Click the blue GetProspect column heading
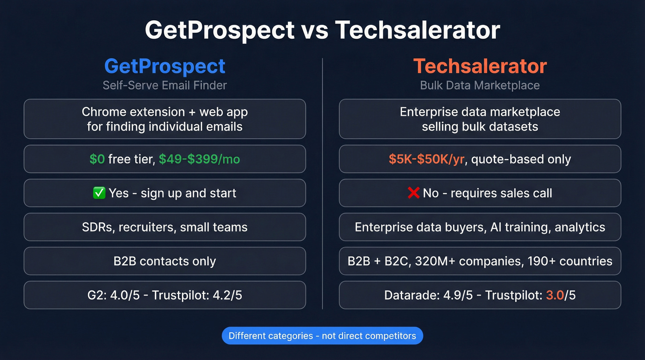(164, 66)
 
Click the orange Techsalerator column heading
(480, 66)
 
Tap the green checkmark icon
(99, 193)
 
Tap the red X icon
(413, 193)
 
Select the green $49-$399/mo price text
(199, 159)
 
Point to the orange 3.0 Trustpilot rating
(555, 295)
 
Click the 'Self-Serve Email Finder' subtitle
(164, 85)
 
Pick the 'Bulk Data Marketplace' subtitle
(480, 85)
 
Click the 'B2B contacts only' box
(164, 261)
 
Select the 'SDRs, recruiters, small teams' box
(164, 227)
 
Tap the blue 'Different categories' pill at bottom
(322, 336)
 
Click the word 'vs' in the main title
(315, 30)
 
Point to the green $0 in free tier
(97, 159)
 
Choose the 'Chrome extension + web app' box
(164, 119)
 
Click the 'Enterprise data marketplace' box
(480, 119)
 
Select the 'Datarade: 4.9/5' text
(428, 295)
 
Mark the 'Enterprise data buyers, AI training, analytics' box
(480, 227)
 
